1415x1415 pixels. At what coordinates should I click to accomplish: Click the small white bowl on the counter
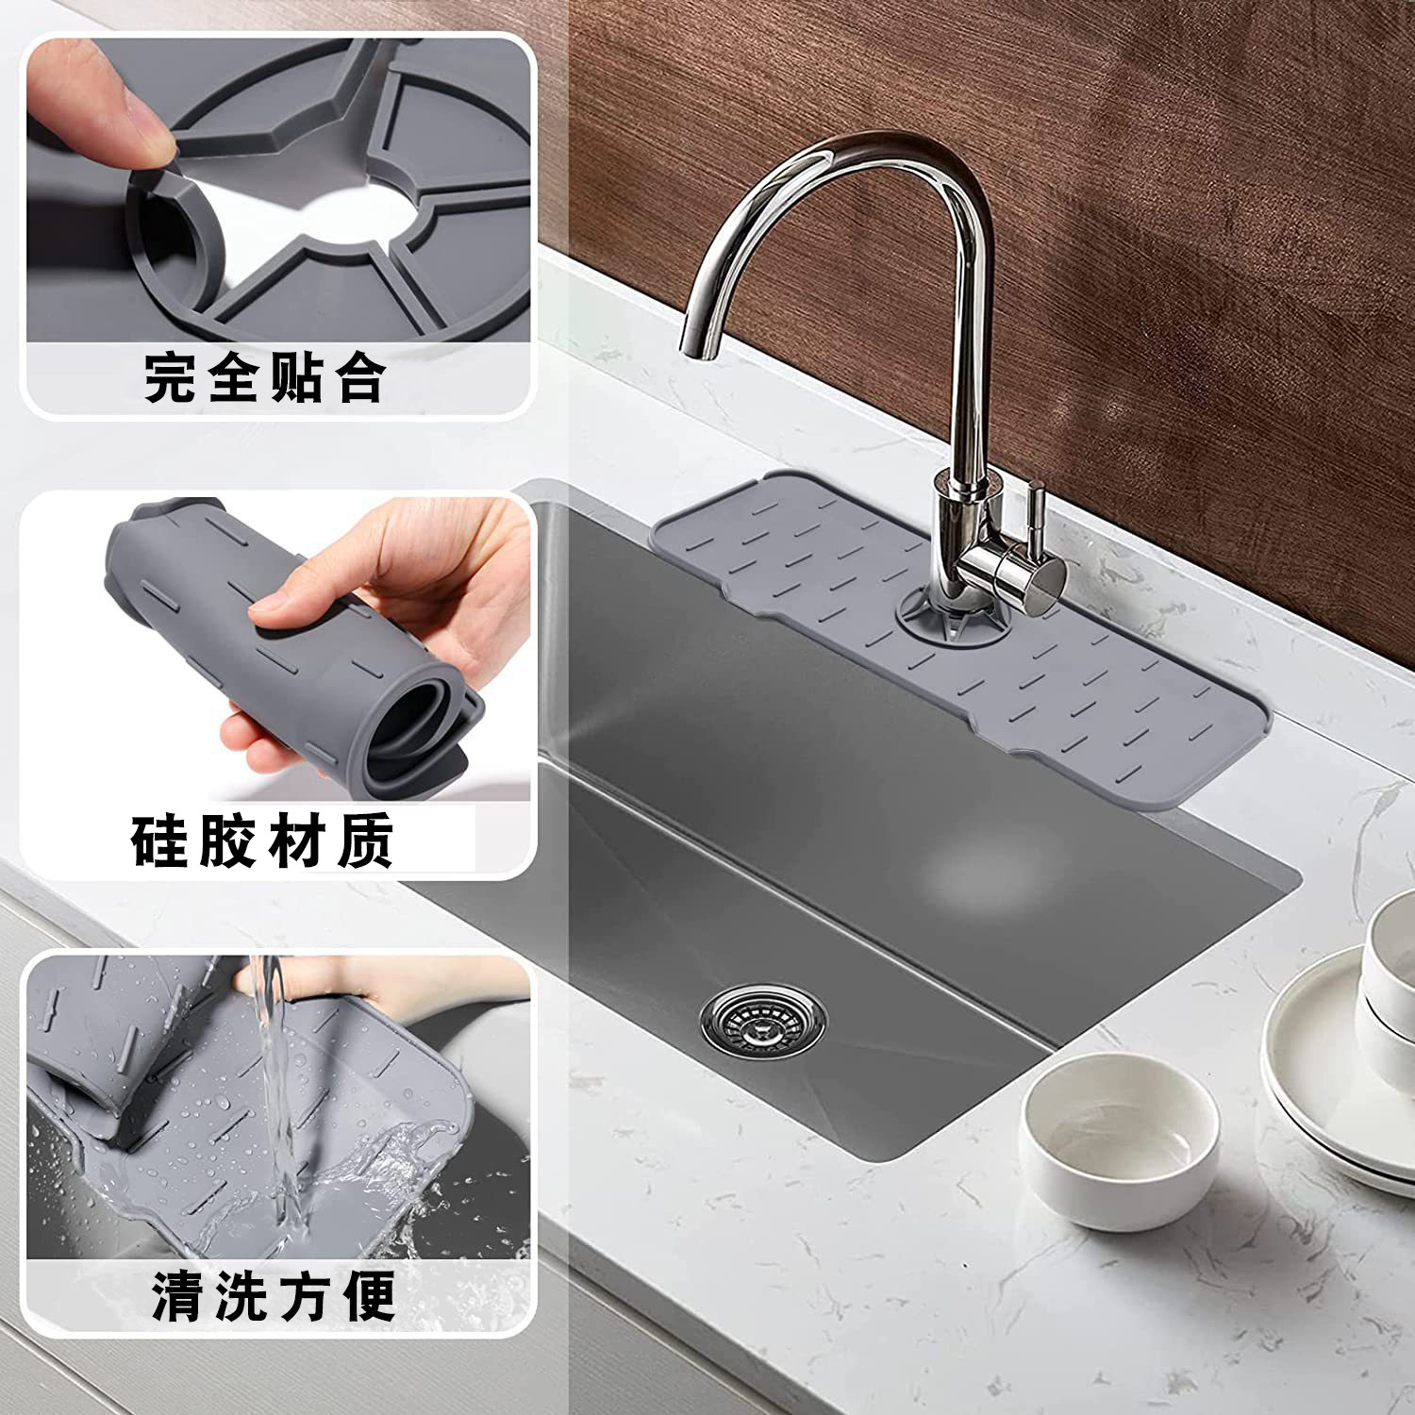(x=1118, y=1138)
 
